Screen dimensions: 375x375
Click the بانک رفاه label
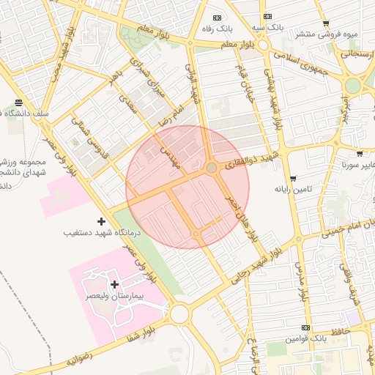pos(217,29)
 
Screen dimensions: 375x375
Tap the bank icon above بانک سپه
pos(269,16)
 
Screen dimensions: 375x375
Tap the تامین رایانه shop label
pos(293,189)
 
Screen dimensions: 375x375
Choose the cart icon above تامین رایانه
pos(293,178)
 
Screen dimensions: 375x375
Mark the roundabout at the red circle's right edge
pos(212,168)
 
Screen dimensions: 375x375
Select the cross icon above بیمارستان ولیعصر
pos(114,283)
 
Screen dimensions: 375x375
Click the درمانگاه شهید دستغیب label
pos(101,232)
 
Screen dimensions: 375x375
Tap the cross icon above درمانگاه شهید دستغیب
pos(101,220)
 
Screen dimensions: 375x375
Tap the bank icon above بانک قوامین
pos(305,327)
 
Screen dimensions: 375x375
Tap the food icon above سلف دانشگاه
pos(18,102)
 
